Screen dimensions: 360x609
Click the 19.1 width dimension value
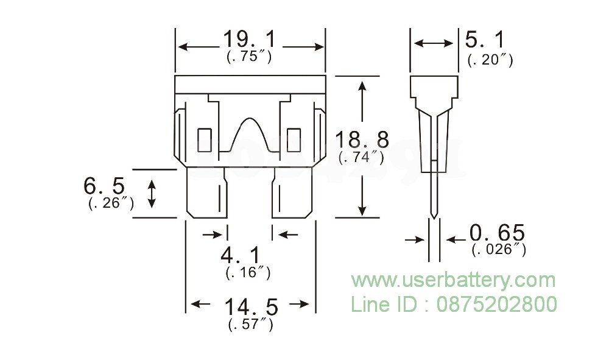(x=248, y=41)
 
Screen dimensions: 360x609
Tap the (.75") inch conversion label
(x=248, y=57)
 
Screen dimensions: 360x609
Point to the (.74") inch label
(x=361, y=157)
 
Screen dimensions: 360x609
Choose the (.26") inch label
(x=111, y=203)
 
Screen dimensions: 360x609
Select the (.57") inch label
(x=250, y=324)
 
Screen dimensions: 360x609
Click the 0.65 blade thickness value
(x=497, y=233)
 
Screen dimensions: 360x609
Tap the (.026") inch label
(x=499, y=249)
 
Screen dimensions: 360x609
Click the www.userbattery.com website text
(x=452, y=281)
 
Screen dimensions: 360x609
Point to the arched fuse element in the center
(x=250, y=133)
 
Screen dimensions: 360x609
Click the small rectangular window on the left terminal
(x=205, y=138)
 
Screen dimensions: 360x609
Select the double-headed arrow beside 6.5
(x=152, y=192)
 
